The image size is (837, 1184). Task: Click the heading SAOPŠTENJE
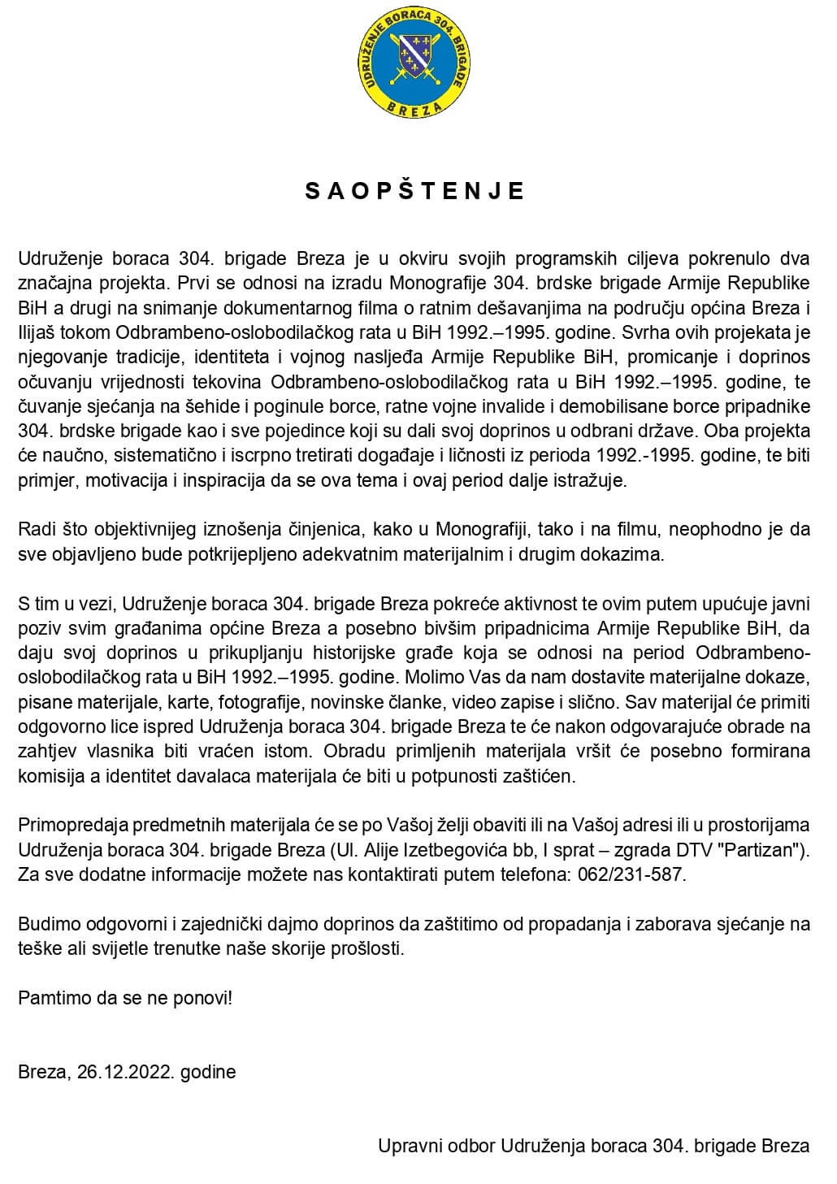click(x=415, y=191)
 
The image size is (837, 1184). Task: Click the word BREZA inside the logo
click(x=415, y=108)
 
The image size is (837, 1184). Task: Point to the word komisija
click(x=51, y=775)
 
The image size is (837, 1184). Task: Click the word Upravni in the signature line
click(x=409, y=1146)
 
